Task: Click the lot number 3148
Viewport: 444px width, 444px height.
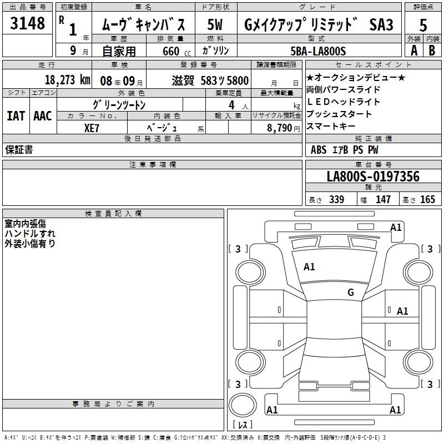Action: tap(27, 23)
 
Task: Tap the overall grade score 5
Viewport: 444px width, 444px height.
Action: tap(423, 25)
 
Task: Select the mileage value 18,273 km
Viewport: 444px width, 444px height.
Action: tap(68, 80)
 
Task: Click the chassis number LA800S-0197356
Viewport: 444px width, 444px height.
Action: tap(373, 176)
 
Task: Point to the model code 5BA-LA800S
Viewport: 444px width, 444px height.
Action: tap(318, 51)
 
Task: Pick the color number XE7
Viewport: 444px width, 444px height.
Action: tap(92, 128)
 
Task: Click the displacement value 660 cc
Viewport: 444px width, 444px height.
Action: tap(176, 52)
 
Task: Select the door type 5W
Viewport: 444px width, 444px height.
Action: tap(215, 24)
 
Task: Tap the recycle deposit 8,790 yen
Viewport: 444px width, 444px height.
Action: tap(283, 128)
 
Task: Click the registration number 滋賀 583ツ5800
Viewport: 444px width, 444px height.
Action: tap(210, 80)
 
